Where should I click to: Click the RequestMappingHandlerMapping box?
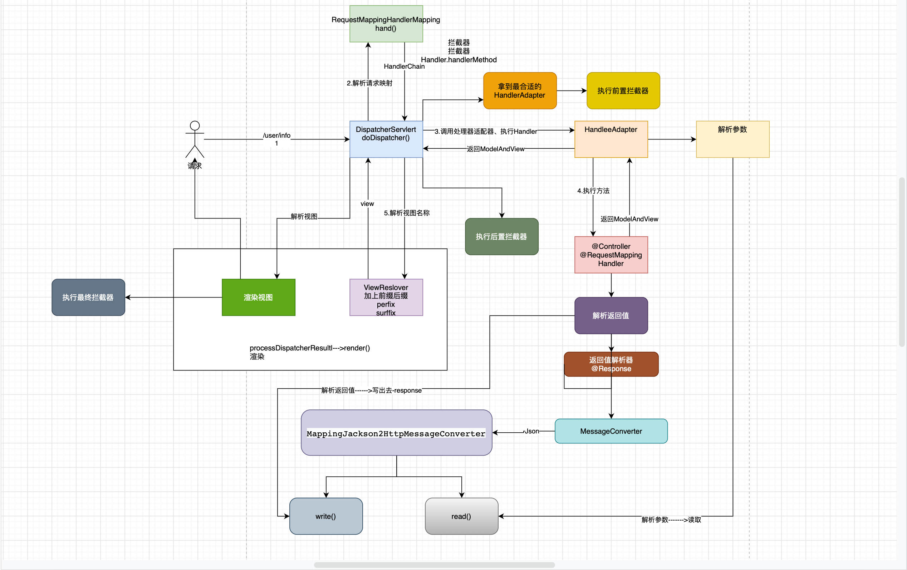point(386,24)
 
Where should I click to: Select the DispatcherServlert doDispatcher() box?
point(386,139)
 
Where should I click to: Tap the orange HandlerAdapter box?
point(519,91)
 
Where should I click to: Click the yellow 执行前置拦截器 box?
point(623,91)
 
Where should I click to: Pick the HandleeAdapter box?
point(611,139)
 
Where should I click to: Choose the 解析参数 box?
point(732,139)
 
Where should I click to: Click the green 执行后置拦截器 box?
point(501,236)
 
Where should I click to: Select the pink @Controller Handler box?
point(611,255)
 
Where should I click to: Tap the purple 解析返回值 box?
point(611,315)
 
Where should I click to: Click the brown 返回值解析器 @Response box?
point(611,364)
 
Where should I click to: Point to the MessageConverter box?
point(611,431)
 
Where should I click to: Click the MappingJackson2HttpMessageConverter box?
point(396,433)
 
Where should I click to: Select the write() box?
point(326,516)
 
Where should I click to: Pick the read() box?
point(461,516)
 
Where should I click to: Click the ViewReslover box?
point(386,297)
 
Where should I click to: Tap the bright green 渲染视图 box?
point(258,297)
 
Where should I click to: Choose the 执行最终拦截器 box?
point(88,297)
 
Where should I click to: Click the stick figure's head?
point(195,126)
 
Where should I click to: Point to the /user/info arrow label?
point(276,136)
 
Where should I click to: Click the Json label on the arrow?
point(531,431)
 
